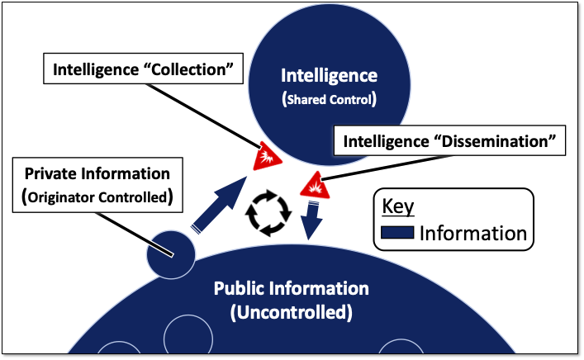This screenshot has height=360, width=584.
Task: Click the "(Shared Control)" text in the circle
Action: click(x=329, y=100)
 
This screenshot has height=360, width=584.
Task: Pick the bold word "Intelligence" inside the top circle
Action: click(x=329, y=76)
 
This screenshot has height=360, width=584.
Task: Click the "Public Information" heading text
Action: click(x=292, y=290)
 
